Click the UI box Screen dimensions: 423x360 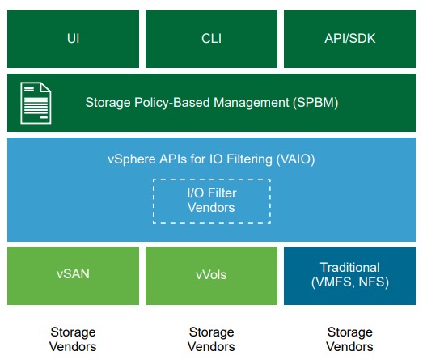pos(73,39)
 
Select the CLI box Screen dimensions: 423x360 pos(212,39)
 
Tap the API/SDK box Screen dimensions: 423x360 pos(349,39)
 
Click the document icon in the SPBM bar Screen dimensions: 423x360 pos(36,103)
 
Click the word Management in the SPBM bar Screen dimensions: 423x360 pos(252,103)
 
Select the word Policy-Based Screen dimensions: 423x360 pos(172,103)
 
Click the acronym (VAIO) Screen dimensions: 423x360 pos(295,159)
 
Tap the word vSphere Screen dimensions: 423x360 pos(132,159)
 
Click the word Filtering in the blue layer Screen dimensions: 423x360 pos(249,159)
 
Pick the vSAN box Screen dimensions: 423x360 pos(73,276)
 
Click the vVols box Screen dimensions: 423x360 pos(212,276)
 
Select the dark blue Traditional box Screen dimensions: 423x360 pos(349,276)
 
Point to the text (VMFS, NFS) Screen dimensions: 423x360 pos(350,282)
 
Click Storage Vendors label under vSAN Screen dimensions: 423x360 pos(73,339)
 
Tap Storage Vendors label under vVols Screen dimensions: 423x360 pos(211,339)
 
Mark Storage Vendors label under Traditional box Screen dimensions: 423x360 pos(349,339)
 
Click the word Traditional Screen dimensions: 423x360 pos(350,268)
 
